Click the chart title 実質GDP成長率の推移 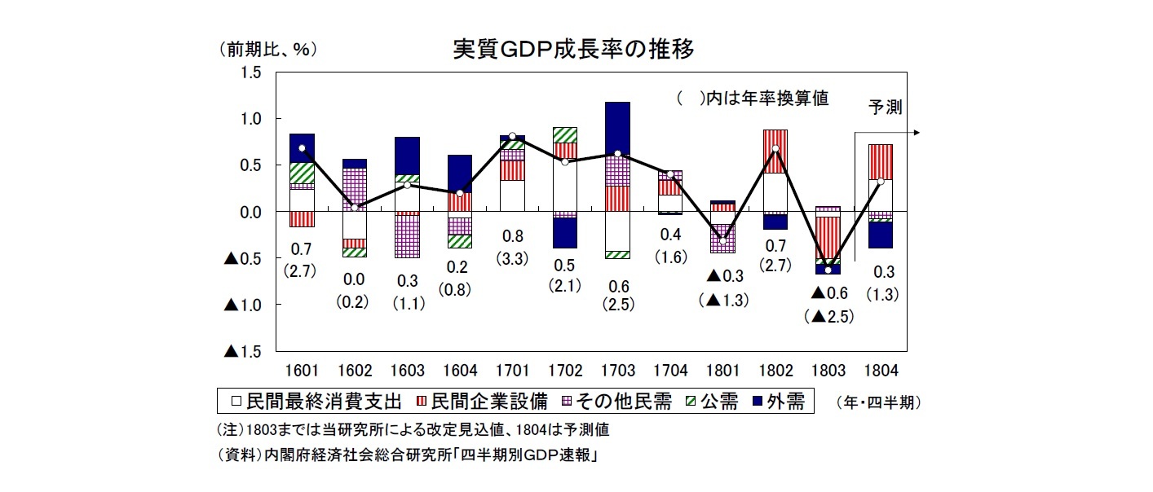tap(574, 51)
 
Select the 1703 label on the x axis tap(617, 371)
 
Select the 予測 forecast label tap(885, 108)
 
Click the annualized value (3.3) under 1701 tap(511, 258)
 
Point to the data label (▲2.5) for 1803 tap(828, 316)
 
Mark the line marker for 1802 tap(775, 149)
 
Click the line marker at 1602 tap(354, 208)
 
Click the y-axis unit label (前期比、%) tap(267, 50)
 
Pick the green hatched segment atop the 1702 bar tap(564, 135)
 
